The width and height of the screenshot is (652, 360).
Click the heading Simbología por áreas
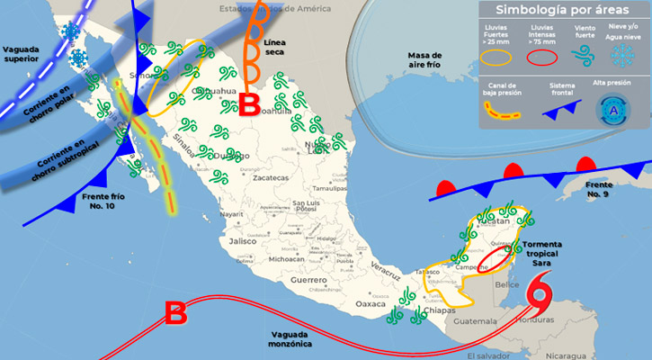coord(562,10)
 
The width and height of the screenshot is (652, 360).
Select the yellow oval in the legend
coord(496,58)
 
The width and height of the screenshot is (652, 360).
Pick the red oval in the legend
coord(542,58)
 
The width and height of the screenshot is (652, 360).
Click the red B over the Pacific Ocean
coord(176,313)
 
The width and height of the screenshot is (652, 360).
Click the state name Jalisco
coord(244,242)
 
